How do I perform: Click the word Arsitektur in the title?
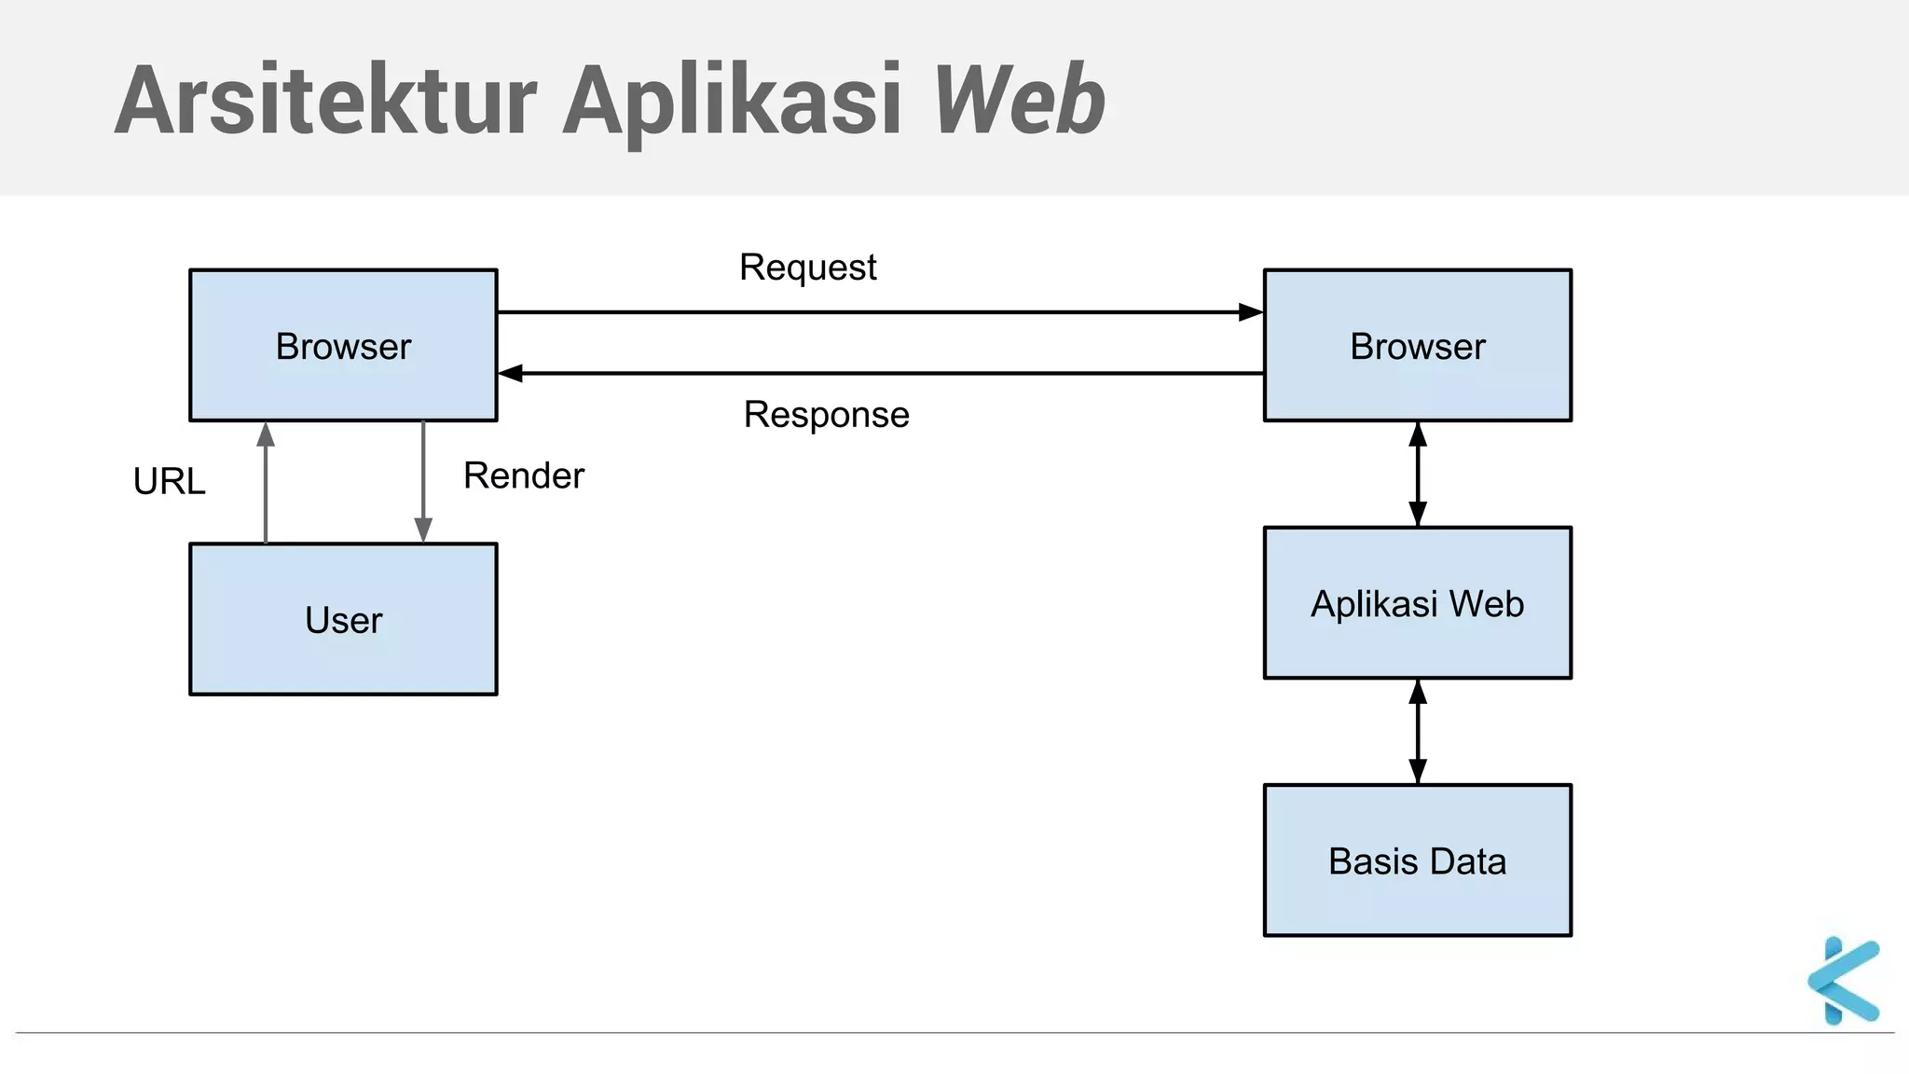(x=326, y=101)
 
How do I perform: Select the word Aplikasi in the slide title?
(x=733, y=101)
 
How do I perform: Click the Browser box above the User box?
(x=343, y=346)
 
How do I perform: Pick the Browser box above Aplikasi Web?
(x=1417, y=346)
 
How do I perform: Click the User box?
(x=343, y=620)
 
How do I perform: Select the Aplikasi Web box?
(x=1417, y=603)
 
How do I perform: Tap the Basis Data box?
(x=1417, y=861)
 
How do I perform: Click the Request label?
(x=807, y=268)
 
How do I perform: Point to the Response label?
(x=826, y=414)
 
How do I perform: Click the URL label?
(x=169, y=481)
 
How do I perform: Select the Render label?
(x=524, y=475)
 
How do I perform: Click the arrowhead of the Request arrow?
(x=1251, y=312)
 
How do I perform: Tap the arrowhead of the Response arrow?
(x=511, y=374)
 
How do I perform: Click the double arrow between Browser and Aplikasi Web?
(x=1418, y=475)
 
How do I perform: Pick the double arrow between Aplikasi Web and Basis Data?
(x=1418, y=732)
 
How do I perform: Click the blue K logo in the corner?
(x=1843, y=981)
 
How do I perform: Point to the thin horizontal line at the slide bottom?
(x=932, y=1033)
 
